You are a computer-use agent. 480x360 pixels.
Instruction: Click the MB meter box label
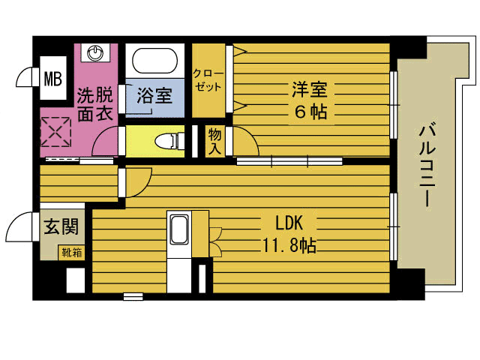coord(53,78)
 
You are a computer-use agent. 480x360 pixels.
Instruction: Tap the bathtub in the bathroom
coord(155,61)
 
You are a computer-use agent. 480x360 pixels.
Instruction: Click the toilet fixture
coord(169,141)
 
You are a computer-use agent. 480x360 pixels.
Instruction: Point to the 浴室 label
coord(154,95)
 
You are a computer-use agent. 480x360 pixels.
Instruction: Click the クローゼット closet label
coord(208,80)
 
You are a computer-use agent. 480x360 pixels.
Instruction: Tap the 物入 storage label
coord(214,142)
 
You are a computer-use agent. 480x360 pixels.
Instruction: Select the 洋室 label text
coord(310,89)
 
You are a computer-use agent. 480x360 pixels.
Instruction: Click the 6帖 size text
coord(310,112)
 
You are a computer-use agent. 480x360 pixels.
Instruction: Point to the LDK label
coord(289,223)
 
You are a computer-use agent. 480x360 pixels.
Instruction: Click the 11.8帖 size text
coord(289,245)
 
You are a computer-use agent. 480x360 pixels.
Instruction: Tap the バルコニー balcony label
coord(427,166)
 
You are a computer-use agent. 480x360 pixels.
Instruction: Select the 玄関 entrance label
coord(61,226)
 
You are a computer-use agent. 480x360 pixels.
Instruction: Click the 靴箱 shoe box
coord(72,253)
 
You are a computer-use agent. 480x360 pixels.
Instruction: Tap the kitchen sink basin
coord(179,229)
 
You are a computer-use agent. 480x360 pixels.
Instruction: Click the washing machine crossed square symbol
coord(55,132)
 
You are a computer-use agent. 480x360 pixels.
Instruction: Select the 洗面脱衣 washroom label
coord(95,104)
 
